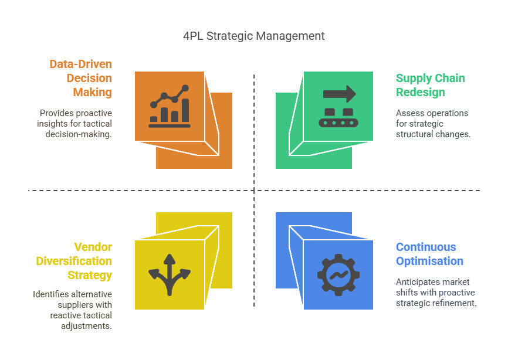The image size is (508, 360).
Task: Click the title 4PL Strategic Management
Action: pos(253,36)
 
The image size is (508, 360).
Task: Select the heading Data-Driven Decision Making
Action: pos(81,78)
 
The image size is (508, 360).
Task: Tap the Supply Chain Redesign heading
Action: pos(430,85)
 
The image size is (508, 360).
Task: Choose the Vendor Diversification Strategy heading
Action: pos(74,261)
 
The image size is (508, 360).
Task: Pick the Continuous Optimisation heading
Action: pos(429,254)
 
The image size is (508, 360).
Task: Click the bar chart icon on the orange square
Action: pos(170,106)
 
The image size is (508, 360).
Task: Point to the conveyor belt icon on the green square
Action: pos(338,117)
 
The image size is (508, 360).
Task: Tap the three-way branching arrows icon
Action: pos(169,275)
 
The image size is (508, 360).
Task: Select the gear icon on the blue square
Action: pos(338,275)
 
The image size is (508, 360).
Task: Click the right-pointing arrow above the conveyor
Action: pos(340,94)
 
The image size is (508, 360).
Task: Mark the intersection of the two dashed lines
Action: pos(254,191)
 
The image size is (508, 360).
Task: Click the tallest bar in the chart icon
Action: pos(185,110)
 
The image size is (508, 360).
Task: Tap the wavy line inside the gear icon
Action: pos(338,275)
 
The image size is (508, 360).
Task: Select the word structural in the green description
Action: pos(414,134)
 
